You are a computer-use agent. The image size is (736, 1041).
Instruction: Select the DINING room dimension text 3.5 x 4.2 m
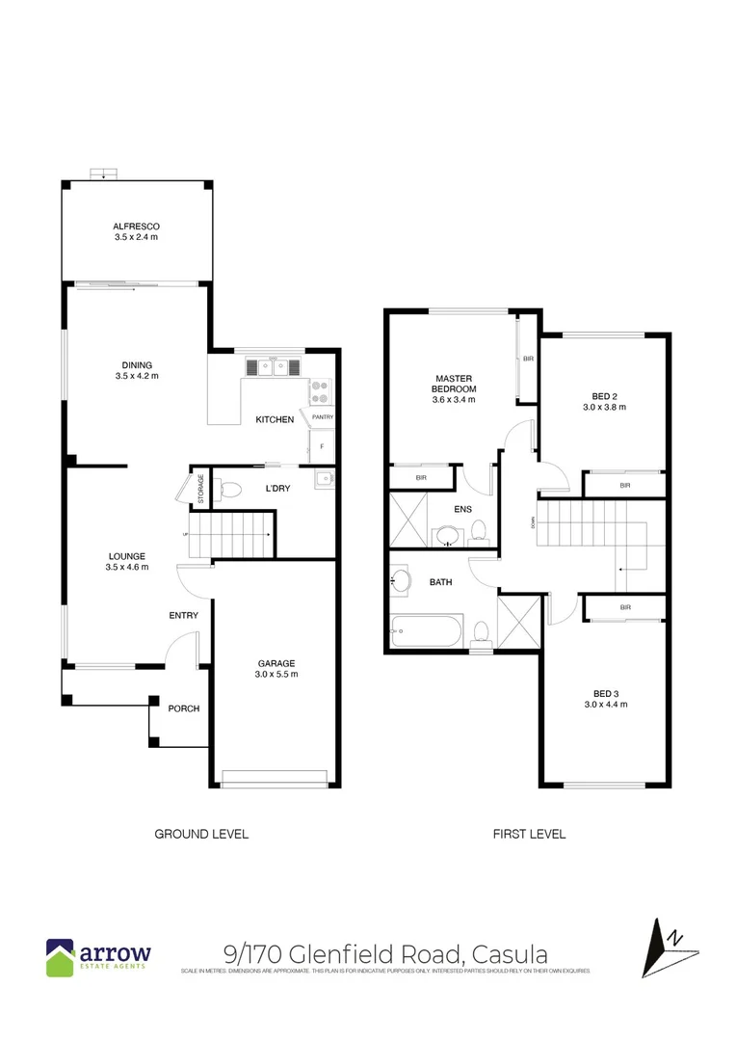(136, 376)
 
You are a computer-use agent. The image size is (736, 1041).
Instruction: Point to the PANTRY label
(321, 417)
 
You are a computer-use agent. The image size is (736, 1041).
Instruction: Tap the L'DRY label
(277, 489)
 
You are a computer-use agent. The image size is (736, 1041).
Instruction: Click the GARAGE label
(276, 662)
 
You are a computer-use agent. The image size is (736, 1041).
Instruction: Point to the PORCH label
(183, 708)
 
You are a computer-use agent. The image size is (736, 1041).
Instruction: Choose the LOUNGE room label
(126, 556)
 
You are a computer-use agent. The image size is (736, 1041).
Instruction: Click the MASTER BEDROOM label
(454, 384)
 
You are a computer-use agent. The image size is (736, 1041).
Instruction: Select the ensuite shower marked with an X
(408, 520)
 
